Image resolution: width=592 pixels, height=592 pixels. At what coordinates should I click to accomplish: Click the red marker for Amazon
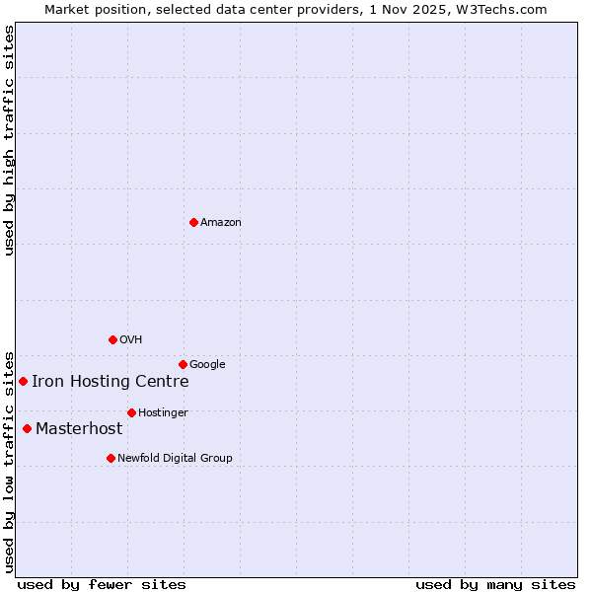point(193,222)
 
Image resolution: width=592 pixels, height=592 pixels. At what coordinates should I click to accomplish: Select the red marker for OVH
point(112,339)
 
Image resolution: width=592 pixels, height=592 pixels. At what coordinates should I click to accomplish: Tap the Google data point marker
point(183,364)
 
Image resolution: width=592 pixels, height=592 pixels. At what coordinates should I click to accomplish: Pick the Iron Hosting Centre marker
point(23,381)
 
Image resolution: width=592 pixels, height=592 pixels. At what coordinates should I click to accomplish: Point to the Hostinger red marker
point(131,412)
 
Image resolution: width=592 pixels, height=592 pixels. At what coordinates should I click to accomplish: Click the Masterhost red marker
point(27,428)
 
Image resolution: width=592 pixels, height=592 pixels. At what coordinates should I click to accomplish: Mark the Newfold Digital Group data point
point(111,458)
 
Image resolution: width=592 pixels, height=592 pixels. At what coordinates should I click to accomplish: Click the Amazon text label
point(221,222)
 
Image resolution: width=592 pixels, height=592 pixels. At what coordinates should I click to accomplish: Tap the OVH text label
point(131,339)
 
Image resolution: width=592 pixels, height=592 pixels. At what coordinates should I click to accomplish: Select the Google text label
point(207,364)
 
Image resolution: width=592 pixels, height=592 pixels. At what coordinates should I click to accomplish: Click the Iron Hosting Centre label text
point(111,382)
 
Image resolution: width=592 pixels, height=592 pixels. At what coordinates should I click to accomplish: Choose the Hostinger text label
point(163,412)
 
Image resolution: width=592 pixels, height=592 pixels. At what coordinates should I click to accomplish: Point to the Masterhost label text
point(79,428)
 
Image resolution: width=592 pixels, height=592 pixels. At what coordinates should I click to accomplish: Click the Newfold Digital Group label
point(175,458)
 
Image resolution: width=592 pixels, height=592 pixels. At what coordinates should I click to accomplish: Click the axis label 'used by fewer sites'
point(102,584)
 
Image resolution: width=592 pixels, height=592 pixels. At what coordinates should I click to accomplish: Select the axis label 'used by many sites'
point(495,584)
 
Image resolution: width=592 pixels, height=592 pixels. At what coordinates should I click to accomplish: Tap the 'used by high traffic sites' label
point(9,140)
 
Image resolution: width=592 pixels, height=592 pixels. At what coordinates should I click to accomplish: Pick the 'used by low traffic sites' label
point(9,461)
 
